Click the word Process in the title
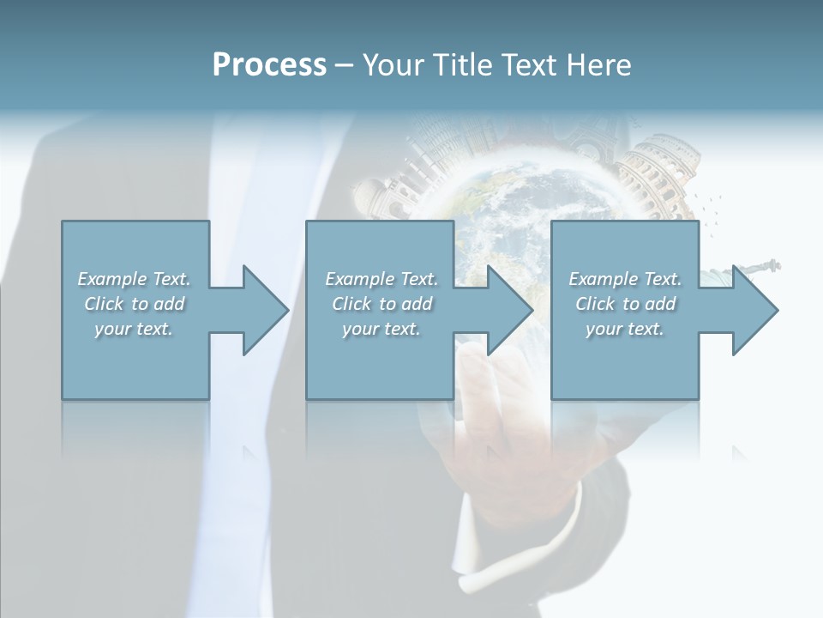269,65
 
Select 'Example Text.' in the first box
134,279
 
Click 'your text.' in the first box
134,329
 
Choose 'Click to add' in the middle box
381,304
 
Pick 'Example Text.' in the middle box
381,279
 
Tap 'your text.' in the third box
625,329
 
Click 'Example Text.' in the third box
625,279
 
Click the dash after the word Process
345,66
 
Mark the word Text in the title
529,65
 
